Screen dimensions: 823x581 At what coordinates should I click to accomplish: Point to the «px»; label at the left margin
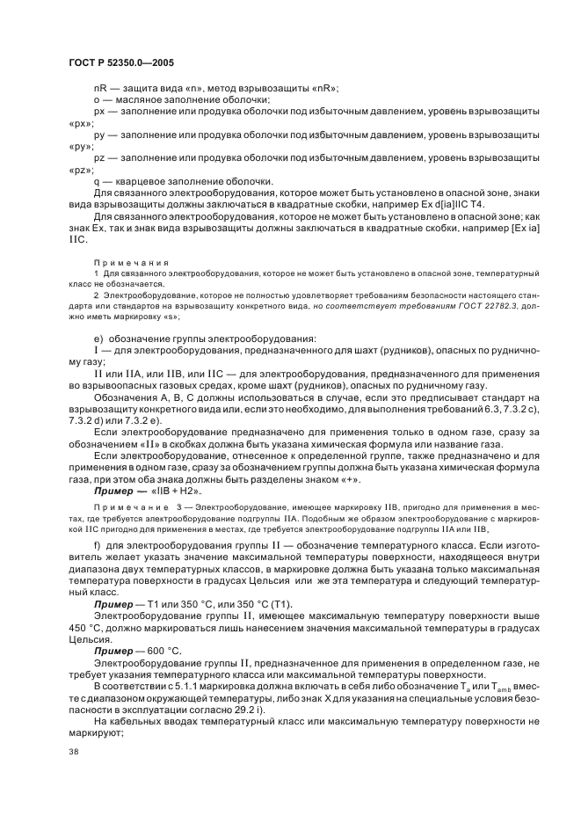tap(81, 124)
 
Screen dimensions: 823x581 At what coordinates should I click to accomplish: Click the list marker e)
tap(98, 339)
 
